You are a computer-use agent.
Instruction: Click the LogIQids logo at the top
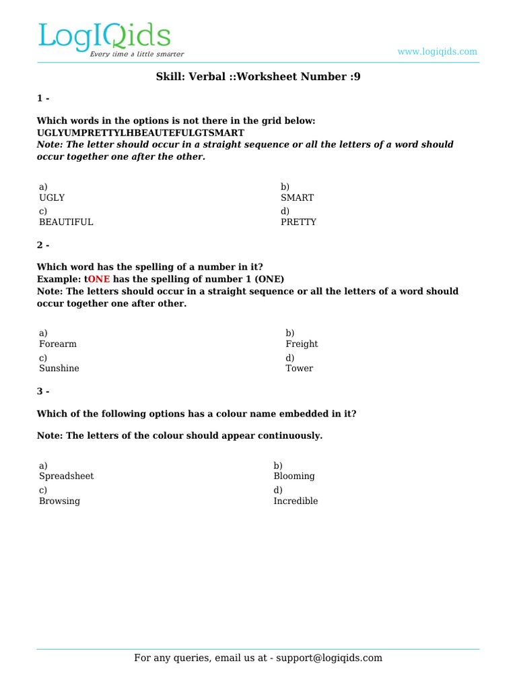(104, 36)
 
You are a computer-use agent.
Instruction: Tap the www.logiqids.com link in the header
(437, 52)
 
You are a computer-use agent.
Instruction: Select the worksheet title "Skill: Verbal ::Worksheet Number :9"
(258, 77)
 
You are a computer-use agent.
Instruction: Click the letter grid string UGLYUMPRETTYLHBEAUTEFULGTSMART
(140, 133)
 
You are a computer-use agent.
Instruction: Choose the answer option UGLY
(52, 198)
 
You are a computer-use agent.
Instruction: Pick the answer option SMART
(297, 198)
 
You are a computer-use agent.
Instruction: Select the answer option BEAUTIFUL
(66, 222)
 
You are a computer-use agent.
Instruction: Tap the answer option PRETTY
(298, 222)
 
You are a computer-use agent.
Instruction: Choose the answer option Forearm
(58, 344)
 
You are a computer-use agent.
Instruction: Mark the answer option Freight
(302, 344)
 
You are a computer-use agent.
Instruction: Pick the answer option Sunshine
(59, 369)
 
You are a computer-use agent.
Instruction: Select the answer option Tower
(299, 369)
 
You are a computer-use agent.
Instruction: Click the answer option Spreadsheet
(67, 476)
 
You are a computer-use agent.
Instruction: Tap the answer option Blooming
(294, 476)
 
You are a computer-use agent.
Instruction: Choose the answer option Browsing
(59, 501)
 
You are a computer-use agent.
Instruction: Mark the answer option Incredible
(296, 501)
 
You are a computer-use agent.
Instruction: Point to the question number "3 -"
(43, 391)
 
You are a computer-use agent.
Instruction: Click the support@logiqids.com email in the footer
(329, 658)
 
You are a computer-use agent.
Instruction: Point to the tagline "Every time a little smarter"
(137, 55)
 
